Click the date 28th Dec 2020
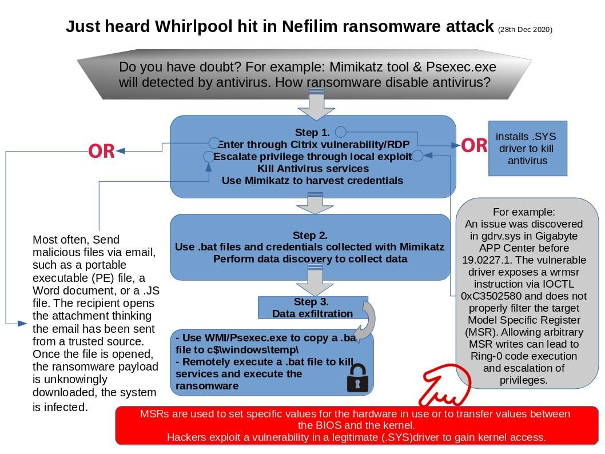pos(525,30)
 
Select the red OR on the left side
pos(101,152)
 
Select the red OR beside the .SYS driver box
pos(473,146)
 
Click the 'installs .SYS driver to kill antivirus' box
pos(527,149)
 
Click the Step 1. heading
pos(312,133)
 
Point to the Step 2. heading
pos(310,235)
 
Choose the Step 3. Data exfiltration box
pos(312,308)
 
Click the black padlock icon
pos(357,379)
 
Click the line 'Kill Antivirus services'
pos(313,169)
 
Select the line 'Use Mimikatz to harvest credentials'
pos(312,181)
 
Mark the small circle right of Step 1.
pos(340,132)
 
